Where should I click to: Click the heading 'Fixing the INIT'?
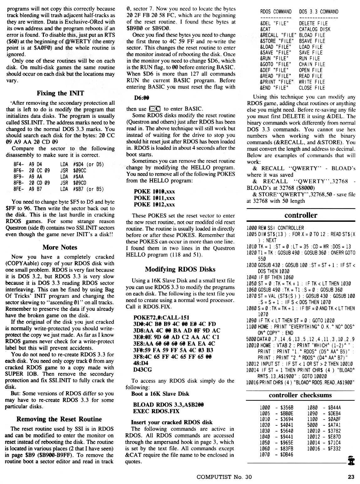[60, 93]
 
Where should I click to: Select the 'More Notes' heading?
[60, 247]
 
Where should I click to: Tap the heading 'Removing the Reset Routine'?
[59, 419]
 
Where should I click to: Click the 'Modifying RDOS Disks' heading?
[180, 269]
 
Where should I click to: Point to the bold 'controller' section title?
[301, 215]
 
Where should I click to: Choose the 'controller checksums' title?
[300, 395]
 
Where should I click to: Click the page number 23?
[351, 477]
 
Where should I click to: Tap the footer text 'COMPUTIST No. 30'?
[224, 477]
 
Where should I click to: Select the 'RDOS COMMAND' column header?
[276, 12]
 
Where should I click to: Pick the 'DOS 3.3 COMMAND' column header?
[319, 12]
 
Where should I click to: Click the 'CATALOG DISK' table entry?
[315, 29]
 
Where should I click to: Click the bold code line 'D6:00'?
[141, 98]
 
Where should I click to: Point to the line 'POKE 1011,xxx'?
[154, 198]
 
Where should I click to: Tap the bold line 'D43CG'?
[143, 370]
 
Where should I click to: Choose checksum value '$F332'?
[334, 449]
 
